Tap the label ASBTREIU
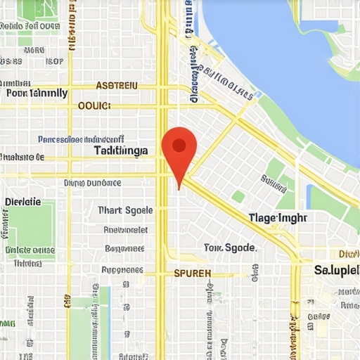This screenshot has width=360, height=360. coord(117,86)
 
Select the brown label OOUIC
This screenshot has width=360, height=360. coord(94,105)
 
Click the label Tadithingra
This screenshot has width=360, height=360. coord(121,150)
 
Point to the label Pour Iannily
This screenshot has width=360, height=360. coord(37,93)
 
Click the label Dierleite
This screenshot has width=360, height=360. coord(22,202)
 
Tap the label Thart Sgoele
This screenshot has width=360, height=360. coord(125,210)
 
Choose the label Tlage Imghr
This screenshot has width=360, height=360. coord(278,218)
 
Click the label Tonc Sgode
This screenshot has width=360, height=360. coord(230,247)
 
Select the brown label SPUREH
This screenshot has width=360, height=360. coord(192,272)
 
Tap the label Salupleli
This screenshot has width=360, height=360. coord(337,270)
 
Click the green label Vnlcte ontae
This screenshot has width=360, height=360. coord(30,250)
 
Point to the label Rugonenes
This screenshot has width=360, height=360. coord(122,269)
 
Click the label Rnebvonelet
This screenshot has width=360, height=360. coord(125,229)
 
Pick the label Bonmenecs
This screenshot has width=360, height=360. coord(124,248)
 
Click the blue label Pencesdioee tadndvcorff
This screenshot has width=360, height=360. coord(81,139)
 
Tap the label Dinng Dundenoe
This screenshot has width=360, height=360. coord(92,183)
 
